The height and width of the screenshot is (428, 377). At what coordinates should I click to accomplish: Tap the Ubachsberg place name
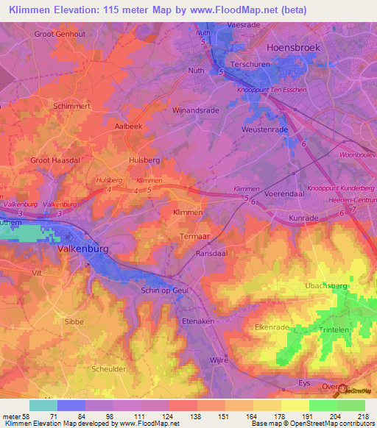(327, 285)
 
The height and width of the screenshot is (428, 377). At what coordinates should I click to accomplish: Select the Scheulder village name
(108, 370)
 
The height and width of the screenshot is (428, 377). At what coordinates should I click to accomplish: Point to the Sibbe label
(74, 321)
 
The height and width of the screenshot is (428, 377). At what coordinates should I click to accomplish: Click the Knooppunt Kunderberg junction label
(335, 188)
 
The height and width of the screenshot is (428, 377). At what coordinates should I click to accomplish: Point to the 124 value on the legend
(155, 415)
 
